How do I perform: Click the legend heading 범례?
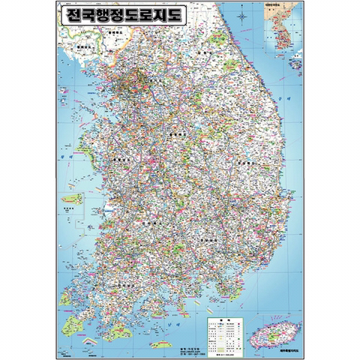(223, 319)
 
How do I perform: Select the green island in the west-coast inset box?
(72, 199)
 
